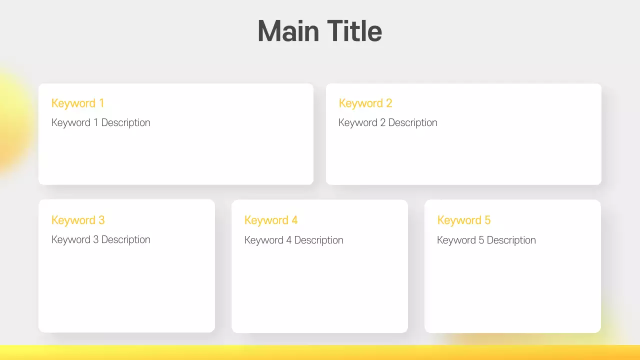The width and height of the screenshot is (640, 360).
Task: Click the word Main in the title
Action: [288, 31]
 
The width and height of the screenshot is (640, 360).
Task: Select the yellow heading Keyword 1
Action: [77, 103]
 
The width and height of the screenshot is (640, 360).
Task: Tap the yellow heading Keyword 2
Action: [365, 103]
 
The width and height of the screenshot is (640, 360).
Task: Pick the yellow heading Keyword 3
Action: [77, 220]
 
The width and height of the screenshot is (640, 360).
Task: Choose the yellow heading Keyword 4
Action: [270, 220]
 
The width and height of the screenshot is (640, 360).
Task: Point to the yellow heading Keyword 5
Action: [463, 220]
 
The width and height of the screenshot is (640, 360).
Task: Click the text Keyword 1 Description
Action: [100, 123]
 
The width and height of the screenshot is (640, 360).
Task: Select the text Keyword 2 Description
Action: [387, 123]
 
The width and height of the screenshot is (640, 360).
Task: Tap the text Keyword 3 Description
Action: [100, 240]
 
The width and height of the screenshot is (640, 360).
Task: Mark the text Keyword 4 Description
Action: [293, 240]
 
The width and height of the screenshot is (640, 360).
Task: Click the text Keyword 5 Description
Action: [486, 240]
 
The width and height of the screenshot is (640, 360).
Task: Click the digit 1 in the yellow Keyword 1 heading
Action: [101, 103]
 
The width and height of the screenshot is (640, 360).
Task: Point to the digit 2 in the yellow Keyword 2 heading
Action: [389, 103]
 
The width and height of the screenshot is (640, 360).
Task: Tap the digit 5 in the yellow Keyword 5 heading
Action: [487, 220]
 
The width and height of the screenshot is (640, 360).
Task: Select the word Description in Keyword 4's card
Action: [318, 240]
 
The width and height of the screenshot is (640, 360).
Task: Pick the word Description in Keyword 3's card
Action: [125, 240]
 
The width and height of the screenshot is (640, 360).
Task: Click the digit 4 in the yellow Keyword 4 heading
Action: [294, 220]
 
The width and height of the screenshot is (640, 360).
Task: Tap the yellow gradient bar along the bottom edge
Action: [320, 352]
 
